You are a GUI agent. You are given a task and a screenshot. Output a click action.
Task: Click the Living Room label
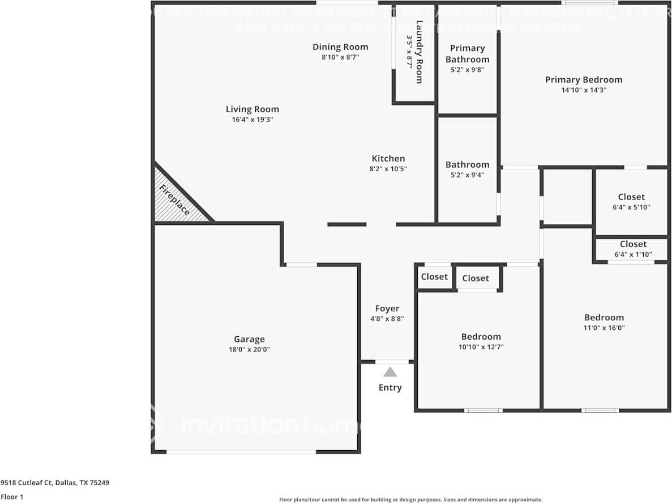pos(252,109)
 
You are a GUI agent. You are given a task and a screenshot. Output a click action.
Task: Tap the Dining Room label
pos(340,47)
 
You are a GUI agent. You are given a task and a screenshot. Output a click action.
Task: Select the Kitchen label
pos(388,159)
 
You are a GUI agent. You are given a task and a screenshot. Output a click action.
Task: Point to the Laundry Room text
pos(419,52)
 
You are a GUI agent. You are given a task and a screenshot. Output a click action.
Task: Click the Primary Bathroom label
pos(467,54)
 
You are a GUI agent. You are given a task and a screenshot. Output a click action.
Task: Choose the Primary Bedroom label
pos(583,80)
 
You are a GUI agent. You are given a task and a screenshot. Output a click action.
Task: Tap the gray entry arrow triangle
pos(390,372)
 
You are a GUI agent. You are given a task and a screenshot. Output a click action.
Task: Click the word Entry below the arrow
pos(390,388)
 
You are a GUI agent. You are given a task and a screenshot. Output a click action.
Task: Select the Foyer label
pos(387,309)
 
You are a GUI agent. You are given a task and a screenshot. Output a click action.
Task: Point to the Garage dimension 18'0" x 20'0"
pos(249,350)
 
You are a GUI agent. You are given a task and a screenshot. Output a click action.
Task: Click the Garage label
pos(249,340)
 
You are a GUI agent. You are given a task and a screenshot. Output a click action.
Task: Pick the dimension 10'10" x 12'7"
pos(481,346)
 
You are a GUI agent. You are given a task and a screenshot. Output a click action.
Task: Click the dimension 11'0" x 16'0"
pos(604,328)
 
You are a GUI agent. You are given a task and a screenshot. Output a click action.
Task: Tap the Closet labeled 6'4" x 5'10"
pos(631,197)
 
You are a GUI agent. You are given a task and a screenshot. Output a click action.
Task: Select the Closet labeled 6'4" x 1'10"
pos(633,244)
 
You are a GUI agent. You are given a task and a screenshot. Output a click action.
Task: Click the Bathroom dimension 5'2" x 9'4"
pos(467,175)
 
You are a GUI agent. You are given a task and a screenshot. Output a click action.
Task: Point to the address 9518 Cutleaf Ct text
pos(54,483)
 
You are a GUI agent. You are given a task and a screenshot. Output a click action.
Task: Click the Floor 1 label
pos(12,497)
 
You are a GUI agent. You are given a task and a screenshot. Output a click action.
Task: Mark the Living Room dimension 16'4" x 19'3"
pos(252,120)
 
